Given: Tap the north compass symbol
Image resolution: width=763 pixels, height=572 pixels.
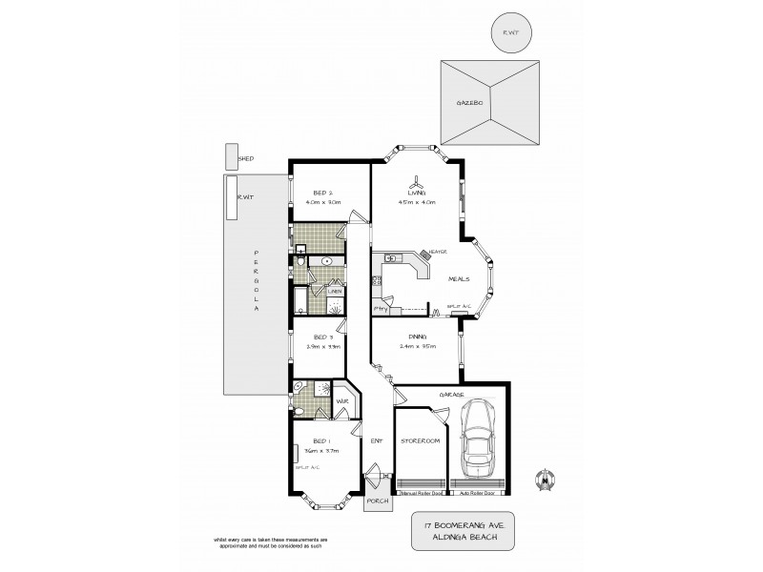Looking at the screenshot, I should point(546,476).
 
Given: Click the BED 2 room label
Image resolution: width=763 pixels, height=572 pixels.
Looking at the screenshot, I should point(321,193).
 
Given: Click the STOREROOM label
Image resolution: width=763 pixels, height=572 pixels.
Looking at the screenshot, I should point(418,442).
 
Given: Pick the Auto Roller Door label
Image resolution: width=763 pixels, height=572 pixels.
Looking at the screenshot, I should point(476,494).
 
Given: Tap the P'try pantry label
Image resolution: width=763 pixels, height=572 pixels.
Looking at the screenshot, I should point(380,308).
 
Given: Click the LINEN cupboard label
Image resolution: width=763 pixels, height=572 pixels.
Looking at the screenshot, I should point(335,292).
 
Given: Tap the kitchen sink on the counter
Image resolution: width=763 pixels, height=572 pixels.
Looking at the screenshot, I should point(391,258).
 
